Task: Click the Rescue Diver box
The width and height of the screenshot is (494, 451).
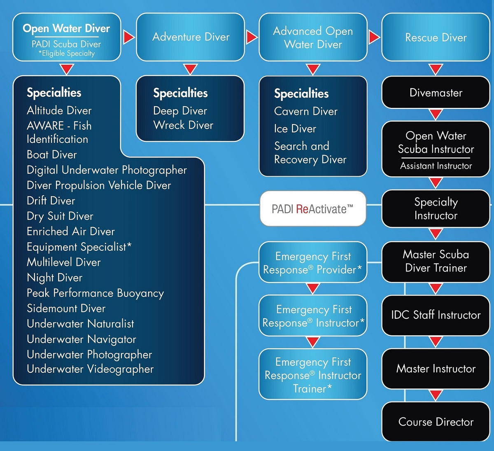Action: [x=436, y=37]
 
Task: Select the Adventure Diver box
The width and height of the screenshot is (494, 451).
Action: [x=190, y=37]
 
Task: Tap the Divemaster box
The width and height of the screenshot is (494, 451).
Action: [x=436, y=93]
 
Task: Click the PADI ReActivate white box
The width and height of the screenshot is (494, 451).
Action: [x=312, y=209]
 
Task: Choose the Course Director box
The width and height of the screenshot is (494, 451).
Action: [x=436, y=422]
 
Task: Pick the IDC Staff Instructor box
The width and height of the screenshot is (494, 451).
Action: [x=436, y=315]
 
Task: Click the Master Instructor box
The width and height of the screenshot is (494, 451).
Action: [x=436, y=369]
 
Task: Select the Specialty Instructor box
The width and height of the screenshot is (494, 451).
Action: [x=436, y=209]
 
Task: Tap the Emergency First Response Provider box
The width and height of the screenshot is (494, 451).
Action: [x=312, y=263]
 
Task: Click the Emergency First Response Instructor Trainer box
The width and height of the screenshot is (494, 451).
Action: [x=312, y=375]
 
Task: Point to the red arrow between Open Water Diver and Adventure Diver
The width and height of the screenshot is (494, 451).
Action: [x=128, y=37]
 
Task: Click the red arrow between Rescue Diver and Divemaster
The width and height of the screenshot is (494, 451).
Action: [x=436, y=69]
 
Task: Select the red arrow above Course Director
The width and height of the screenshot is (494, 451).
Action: [x=436, y=395]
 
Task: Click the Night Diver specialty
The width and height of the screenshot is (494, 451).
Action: [x=54, y=278]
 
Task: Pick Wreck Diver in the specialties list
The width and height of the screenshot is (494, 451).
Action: [x=183, y=125]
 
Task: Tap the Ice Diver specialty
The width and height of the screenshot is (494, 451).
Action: [x=295, y=129]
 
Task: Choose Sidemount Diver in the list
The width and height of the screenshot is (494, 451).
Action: [x=66, y=308]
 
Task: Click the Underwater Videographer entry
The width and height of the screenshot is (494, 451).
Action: [x=90, y=369]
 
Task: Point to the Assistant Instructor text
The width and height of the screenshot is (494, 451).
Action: [x=436, y=166]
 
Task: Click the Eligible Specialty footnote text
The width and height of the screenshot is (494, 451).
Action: [x=67, y=54]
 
